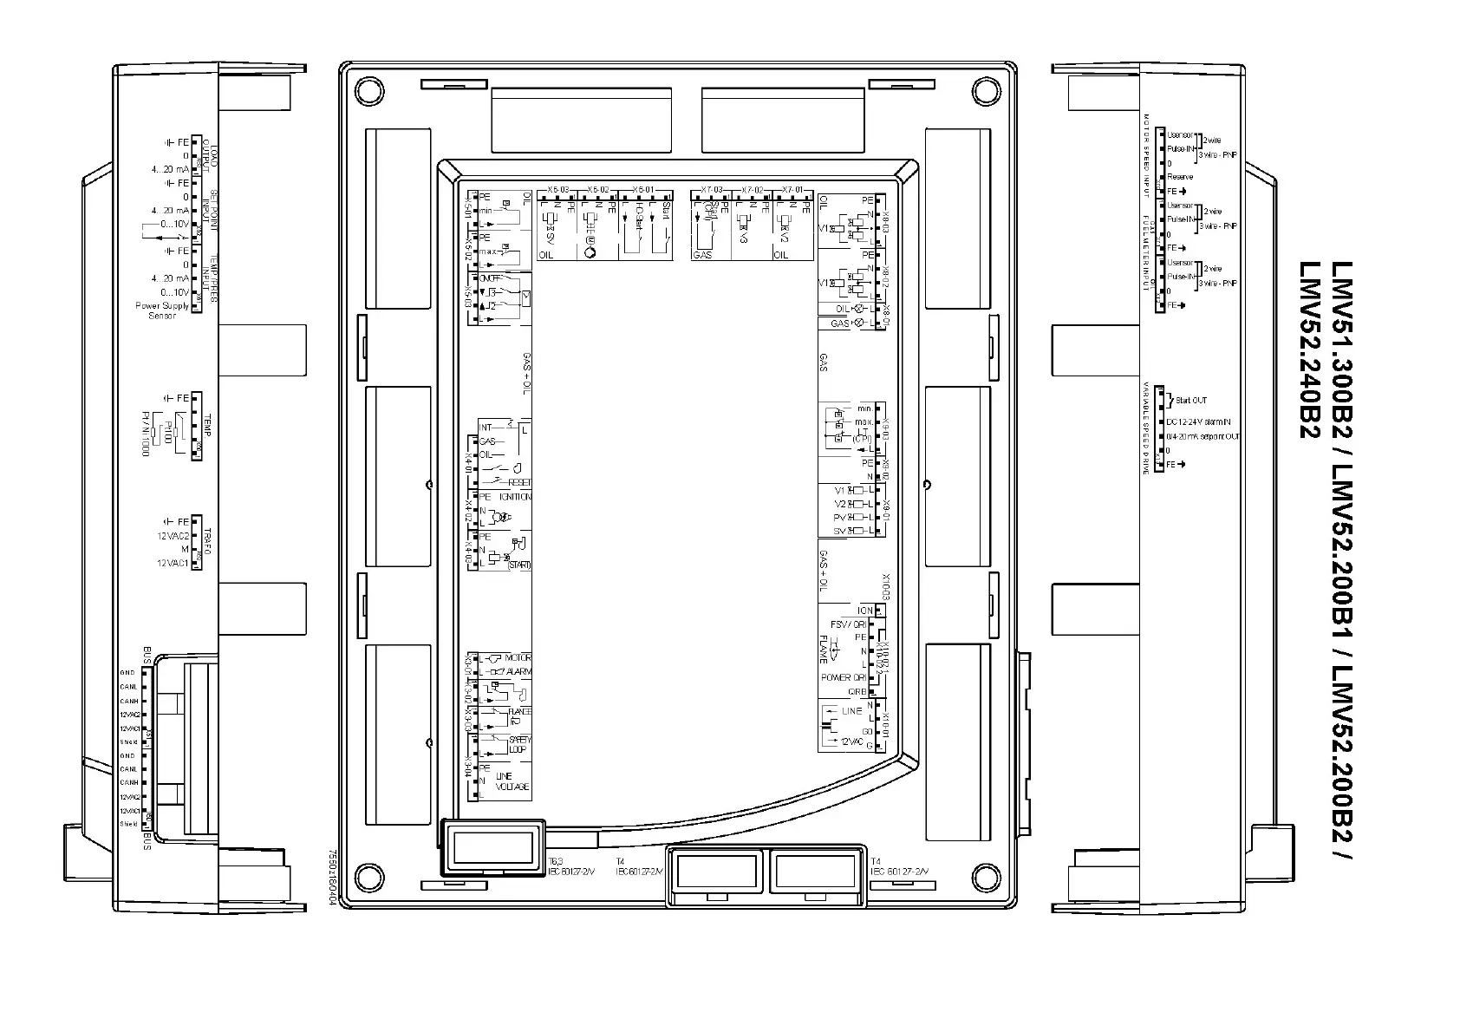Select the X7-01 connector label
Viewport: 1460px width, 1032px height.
coord(792,189)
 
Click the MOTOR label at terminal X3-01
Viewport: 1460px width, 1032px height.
coord(518,658)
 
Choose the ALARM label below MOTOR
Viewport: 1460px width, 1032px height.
coord(518,671)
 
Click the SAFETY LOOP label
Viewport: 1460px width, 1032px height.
coord(519,744)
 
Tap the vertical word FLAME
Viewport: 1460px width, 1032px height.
coord(824,650)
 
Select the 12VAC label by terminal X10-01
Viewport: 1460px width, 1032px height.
coord(852,741)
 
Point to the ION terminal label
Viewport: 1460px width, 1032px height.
coord(864,611)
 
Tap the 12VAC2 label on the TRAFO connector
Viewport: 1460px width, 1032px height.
coord(173,536)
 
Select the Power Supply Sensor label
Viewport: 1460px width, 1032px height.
coord(161,310)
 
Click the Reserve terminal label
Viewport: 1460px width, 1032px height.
coord(1180,177)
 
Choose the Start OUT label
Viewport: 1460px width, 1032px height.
coord(1191,401)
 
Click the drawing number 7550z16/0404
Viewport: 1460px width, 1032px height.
coord(331,876)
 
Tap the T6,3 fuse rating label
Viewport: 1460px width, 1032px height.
coord(555,861)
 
